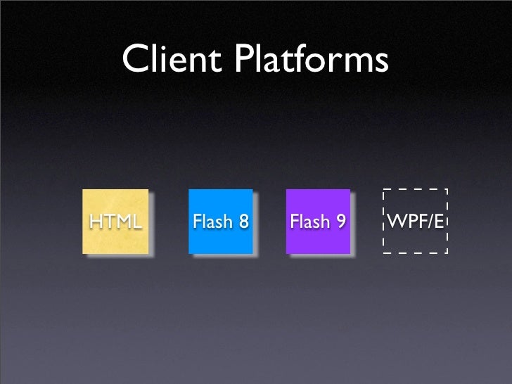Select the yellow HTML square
115,221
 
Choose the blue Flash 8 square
220,221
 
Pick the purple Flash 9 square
317,221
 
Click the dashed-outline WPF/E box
415,221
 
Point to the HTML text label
115,222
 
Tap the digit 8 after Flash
243,223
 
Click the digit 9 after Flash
340,223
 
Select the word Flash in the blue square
212,223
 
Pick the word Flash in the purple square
309,223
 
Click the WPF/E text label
415,223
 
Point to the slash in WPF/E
429,223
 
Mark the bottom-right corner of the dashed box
447,252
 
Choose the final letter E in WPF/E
439,223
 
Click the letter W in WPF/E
395,223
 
